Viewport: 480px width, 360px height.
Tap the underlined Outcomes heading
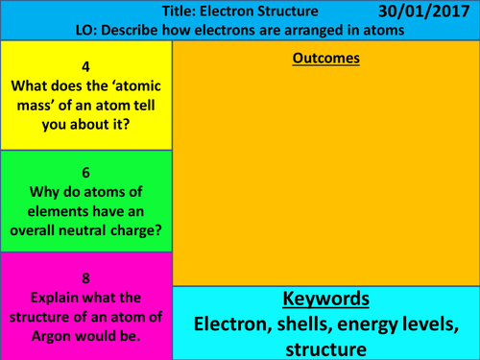(x=326, y=59)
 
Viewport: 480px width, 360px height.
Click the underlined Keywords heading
(x=326, y=299)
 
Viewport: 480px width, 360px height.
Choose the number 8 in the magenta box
(x=85, y=277)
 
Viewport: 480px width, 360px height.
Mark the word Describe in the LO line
(x=131, y=30)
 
